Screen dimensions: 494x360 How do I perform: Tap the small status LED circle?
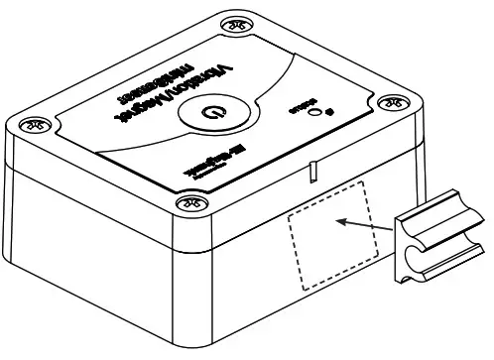[315, 112]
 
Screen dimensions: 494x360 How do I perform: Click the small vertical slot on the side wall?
[310, 173]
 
